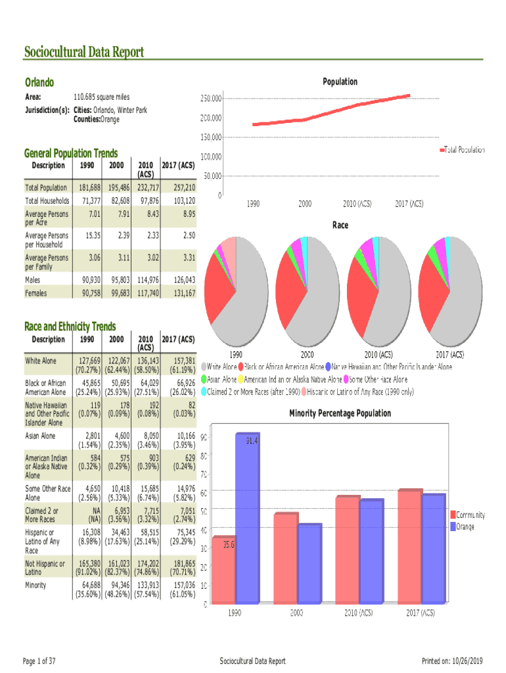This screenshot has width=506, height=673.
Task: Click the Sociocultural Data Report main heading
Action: pos(83,52)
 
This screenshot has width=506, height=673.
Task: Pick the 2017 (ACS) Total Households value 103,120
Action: pos(182,200)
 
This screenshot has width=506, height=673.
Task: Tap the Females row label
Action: pos(35,293)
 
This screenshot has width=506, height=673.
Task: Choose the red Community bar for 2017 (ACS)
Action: pos(409,546)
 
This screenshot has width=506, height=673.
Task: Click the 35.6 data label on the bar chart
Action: pos(228,544)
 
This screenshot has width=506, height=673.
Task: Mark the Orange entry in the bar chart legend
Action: pos(465,526)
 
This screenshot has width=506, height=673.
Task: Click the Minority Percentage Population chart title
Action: pos(340,413)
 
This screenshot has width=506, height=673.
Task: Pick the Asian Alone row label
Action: pos(40,435)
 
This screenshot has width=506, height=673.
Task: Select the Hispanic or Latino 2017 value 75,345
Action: pos(182,532)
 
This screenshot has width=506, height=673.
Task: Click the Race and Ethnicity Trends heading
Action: pos(70,327)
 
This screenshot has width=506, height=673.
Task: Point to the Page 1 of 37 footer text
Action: pos(39,661)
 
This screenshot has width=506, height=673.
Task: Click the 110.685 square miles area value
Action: pos(101,97)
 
